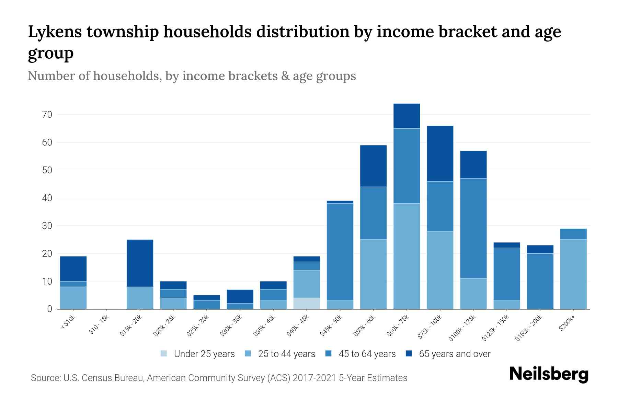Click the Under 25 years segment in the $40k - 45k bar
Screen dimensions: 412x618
click(307, 303)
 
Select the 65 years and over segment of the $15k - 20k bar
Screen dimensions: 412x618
click(140, 263)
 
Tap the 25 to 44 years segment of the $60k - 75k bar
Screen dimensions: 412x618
click(407, 256)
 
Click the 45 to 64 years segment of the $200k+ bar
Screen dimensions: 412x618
click(573, 234)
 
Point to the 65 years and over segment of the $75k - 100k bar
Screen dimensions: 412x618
click(440, 153)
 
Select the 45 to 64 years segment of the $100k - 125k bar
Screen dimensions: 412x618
click(473, 228)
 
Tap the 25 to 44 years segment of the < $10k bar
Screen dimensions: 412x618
click(73, 298)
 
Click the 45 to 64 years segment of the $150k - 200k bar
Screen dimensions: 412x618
click(540, 281)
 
